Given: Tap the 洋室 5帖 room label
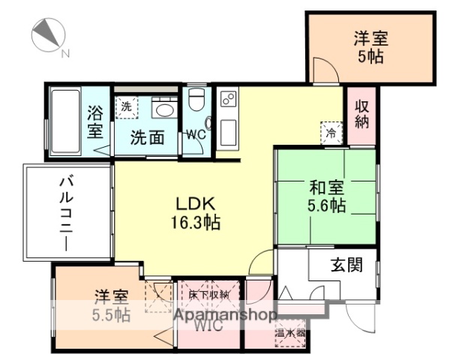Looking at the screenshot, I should point(371,47).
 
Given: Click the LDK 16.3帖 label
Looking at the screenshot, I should point(196,212).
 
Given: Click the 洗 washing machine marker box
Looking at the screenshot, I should point(126,106).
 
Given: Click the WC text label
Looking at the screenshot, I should point(196,135).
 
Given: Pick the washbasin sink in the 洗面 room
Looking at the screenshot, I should point(162,109).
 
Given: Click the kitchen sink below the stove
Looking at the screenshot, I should point(228,133).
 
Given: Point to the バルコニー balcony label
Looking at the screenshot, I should point(67,211).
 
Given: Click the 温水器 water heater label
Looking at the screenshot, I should point(289,332).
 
